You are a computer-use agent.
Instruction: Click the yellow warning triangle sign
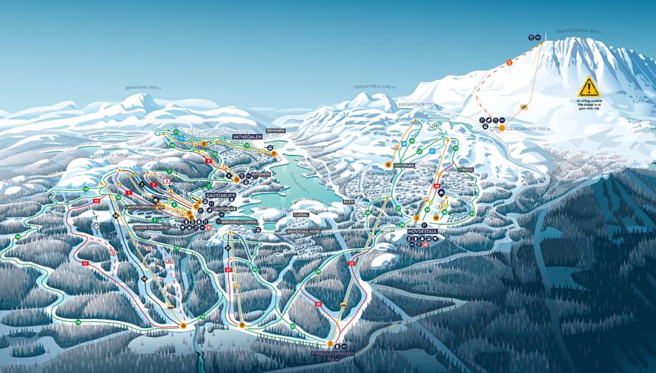(x=588, y=86)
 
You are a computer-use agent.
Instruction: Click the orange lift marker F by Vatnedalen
(x=274, y=154)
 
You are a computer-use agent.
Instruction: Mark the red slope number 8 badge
(x=207, y=161)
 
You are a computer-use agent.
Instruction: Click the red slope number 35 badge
(x=438, y=195)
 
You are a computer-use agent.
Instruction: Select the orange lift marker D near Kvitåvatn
(x=246, y=173)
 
